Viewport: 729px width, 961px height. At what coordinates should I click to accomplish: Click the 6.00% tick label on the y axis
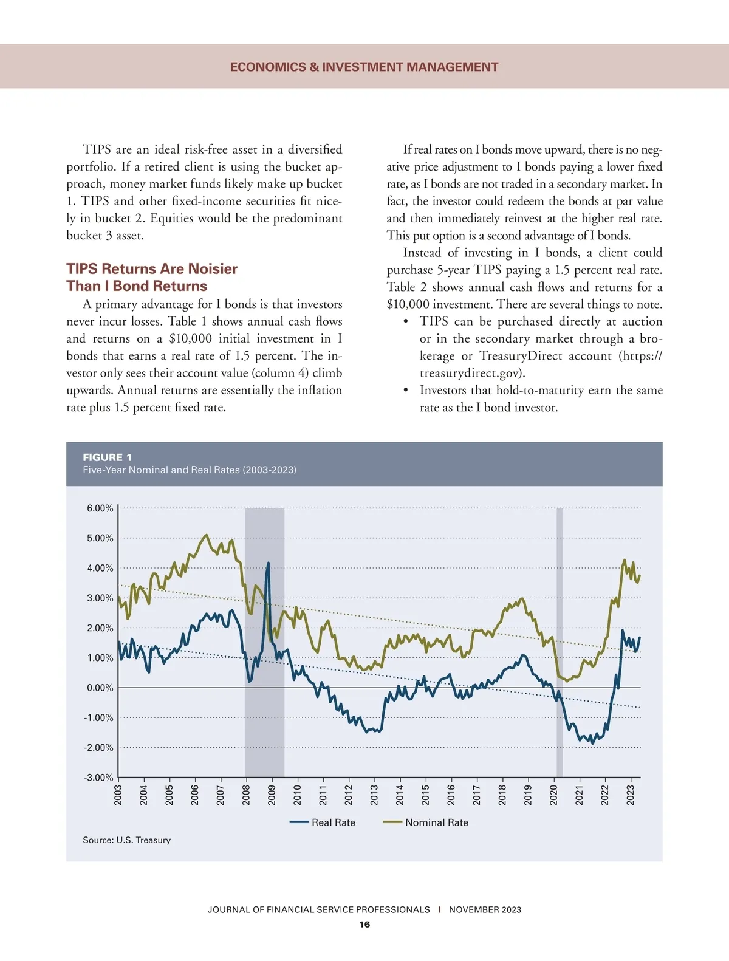click(x=100, y=508)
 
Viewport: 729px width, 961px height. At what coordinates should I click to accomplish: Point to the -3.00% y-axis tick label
click(x=99, y=778)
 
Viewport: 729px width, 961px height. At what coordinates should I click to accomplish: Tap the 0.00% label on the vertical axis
click(x=100, y=688)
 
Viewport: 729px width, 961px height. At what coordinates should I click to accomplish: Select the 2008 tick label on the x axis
click(x=246, y=795)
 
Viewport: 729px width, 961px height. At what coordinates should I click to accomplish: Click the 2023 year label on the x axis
click(x=631, y=795)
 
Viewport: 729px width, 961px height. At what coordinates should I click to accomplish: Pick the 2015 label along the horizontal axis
click(x=425, y=795)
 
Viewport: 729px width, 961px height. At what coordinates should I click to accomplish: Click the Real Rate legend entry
click(x=323, y=822)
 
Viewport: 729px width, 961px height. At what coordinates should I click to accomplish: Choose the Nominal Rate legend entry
click(x=426, y=822)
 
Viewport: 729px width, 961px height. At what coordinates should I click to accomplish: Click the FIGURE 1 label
click(x=108, y=457)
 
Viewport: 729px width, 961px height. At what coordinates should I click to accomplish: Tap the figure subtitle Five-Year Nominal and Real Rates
click(x=190, y=470)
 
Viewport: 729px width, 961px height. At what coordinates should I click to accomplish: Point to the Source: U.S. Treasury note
click(x=127, y=840)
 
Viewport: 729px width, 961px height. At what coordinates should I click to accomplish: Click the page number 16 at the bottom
click(x=364, y=925)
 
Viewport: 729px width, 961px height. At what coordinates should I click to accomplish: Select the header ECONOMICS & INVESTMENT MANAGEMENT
click(x=364, y=67)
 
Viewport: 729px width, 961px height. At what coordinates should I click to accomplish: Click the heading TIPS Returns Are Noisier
click(x=152, y=269)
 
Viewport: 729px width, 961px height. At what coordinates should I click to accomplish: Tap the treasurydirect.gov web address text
click(x=472, y=373)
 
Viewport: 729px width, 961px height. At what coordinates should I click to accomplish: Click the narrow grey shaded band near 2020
click(x=560, y=638)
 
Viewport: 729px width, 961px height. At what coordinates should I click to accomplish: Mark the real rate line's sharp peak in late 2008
click(x=268, y=564)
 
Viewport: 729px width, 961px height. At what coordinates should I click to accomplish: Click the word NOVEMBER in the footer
click(x=475, y=909)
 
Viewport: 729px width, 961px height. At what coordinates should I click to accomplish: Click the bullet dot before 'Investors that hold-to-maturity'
click(x=406, y=390)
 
